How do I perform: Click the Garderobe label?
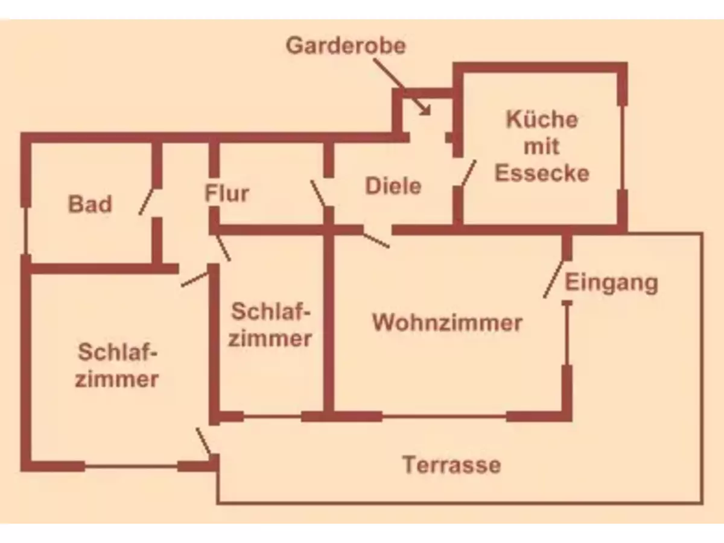tap(346, 46)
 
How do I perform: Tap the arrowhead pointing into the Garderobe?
tap(426, 110)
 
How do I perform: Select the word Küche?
tap(541, 119)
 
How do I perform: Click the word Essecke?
tap(541, 173)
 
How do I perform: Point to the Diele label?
tap(393, 186)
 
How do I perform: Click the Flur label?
tap(227, 194)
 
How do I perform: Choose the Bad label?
tap(90, 204)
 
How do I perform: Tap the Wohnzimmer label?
tap(446, 322)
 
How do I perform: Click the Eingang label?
tap(611, 282)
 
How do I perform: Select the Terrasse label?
tap(451, 465)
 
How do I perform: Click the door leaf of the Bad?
tap(148, 201)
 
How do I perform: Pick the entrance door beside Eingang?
tap(553, 279)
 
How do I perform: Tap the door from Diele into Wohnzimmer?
tap(376, 238)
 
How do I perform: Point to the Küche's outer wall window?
tap(622, 148)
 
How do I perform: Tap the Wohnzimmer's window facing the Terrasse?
tap(444, 416)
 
